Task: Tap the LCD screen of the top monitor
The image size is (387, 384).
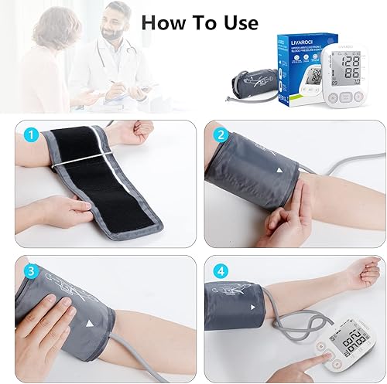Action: click(x=348, y=67)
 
